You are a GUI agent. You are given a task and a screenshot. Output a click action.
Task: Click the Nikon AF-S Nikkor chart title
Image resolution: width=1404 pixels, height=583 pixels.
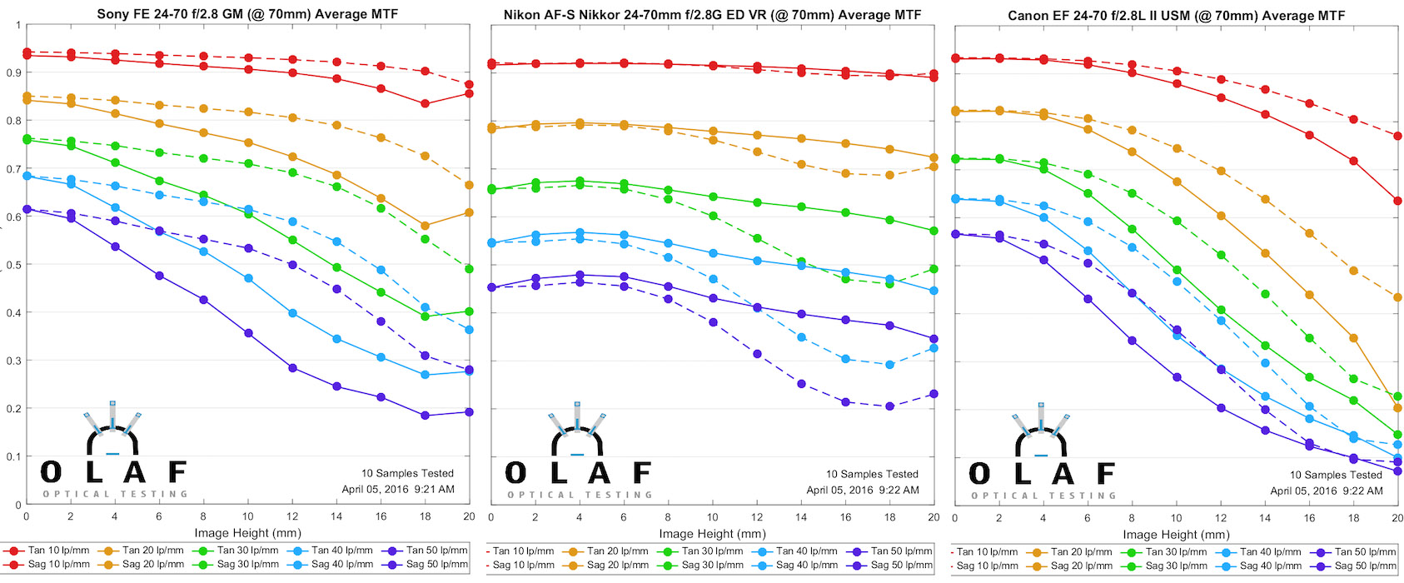(712, 14)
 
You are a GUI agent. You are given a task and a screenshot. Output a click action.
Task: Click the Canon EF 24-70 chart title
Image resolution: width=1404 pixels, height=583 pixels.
(1176, 15)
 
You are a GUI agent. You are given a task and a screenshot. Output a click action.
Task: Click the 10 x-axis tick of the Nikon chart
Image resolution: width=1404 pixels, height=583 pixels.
(712, 517)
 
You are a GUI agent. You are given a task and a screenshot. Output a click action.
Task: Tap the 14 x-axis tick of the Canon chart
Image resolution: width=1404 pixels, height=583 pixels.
(1265, 518)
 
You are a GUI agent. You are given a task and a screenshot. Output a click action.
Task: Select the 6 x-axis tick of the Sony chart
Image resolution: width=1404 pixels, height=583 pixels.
(159, 516)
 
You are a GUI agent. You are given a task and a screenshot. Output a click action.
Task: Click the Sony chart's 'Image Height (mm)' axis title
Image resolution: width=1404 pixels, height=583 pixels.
(247, 533)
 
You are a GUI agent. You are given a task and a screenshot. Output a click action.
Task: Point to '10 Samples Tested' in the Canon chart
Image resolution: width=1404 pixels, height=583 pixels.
(1336, 475)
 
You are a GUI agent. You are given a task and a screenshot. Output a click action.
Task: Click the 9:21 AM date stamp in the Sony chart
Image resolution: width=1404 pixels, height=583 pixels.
(398, 489)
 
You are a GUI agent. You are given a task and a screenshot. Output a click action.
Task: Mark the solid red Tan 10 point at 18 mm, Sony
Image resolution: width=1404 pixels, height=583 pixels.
(426, 104)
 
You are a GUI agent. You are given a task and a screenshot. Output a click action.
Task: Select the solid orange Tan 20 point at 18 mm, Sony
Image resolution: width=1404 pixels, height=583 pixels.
(426, 226)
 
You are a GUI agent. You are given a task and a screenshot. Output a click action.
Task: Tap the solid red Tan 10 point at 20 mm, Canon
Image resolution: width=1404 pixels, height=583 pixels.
(1397, 201)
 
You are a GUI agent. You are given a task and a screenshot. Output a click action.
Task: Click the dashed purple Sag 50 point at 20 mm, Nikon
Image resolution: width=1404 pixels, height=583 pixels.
(934, 394)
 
